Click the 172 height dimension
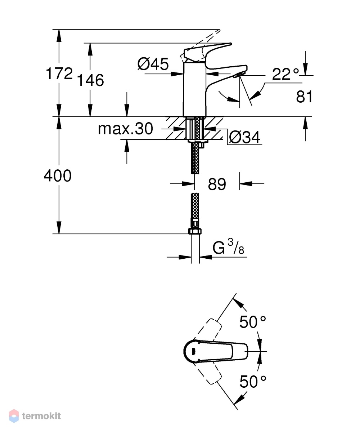click(59, 74)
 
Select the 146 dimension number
click(90, 80)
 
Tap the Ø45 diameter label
click(153, 64)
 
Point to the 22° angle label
click(285, 74)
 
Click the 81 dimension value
click(304, 97)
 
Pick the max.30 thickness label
click(126, 129)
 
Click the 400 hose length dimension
click(58, 176)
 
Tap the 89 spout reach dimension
click(217, 184)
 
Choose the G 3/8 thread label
click(228, 247)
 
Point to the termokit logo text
click(41, 416)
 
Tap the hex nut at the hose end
click(195, 231)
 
